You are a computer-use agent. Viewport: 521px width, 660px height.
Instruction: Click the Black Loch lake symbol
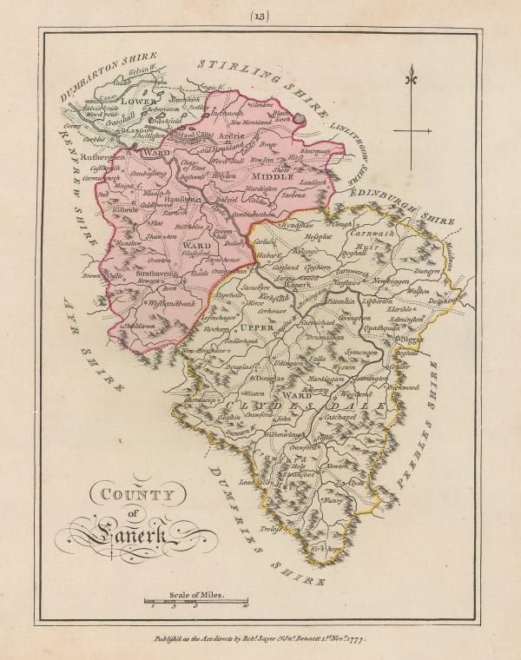[300, 115]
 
